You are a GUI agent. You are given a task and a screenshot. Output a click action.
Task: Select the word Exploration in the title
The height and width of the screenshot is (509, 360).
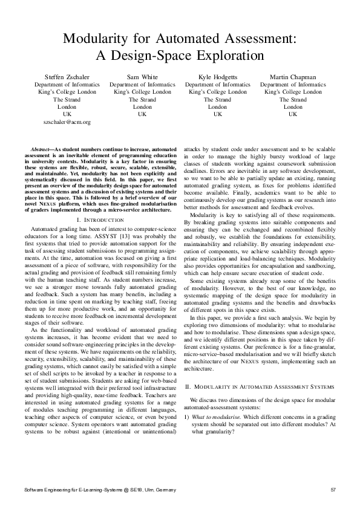pyautogui.click(x=227, y=56)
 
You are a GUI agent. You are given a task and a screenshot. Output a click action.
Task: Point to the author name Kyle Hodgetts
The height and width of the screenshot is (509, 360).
pyautogui.click(x=217, y=77)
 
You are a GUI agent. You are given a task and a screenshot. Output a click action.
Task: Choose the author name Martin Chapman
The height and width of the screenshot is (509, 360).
pyautogui.click(x=293, y=77)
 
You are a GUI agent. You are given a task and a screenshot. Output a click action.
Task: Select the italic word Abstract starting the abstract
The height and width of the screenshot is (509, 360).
pyautogui.click(x=41, y=149)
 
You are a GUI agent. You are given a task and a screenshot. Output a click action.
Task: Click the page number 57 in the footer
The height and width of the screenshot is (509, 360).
pyautogui.click(x=335, y=489)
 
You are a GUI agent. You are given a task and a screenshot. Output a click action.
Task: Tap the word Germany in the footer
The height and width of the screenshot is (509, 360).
pyautogui.click(x=165, y=489)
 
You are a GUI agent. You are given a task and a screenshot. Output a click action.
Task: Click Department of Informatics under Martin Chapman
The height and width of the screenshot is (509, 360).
pyautogui.click(x=293, y=85)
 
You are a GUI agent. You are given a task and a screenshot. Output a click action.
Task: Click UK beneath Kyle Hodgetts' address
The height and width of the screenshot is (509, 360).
pyautogui.click(x=217, y=114)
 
